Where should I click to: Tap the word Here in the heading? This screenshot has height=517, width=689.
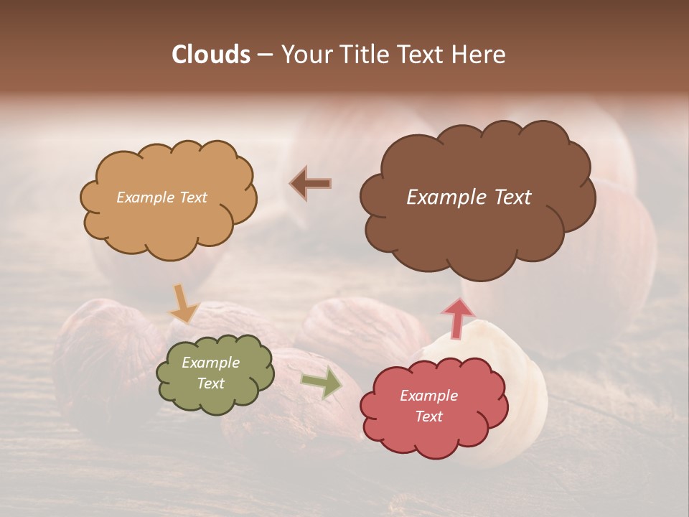tap(481, 55)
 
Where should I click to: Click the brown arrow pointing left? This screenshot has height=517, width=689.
tap(310, 184)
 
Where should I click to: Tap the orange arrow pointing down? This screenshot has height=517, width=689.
tap(183, 304)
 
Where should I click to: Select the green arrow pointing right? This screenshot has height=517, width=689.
tap(321, 382)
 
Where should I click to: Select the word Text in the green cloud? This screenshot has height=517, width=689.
tap(211, 383)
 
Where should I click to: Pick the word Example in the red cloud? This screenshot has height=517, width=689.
tap(428, 396)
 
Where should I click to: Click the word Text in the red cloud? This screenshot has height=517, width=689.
tap(428, 416)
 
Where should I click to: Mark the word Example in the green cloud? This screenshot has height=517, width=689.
tap(211, 363)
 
